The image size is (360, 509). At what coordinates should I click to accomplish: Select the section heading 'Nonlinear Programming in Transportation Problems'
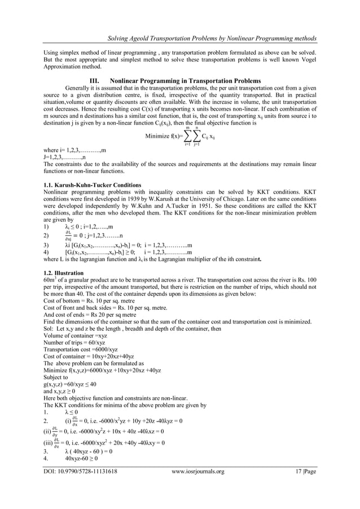pyautogui.click(x=186, y=81)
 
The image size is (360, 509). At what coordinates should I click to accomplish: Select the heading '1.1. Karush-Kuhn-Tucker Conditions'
pyautogui.click(x=89, y=185)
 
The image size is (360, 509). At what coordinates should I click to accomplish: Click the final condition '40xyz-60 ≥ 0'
pyautogui.click(x=82, y=459)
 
